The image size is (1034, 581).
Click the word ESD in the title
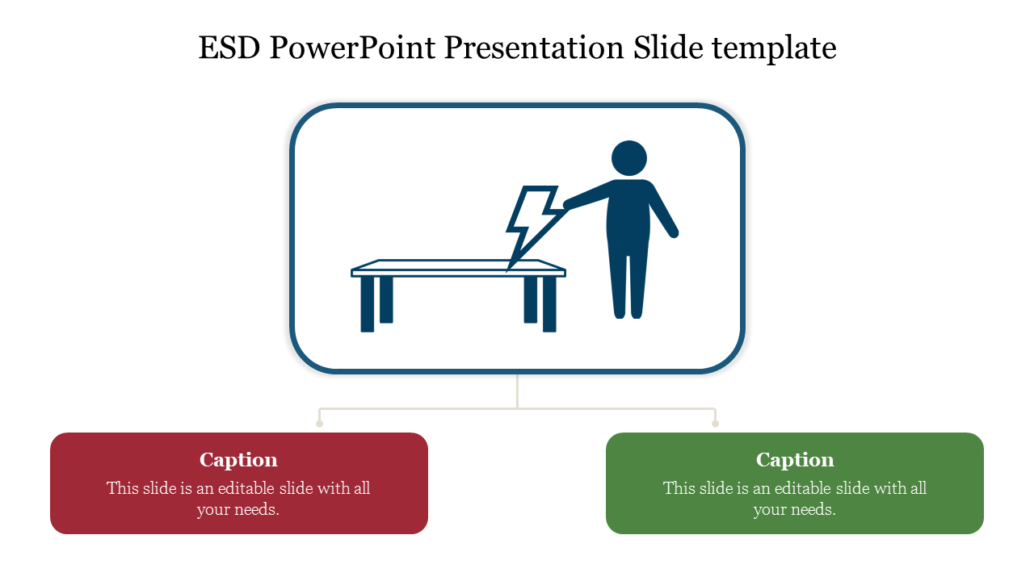(229, 48)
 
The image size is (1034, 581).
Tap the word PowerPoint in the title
(353, 48)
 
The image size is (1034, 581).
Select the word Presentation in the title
(535, 48)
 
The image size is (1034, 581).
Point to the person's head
(629, 158)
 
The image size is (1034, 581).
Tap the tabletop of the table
(458, 268)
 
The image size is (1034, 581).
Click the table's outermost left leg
(368, 304)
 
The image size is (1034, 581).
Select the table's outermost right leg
(549, 304)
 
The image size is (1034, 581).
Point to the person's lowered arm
(663, 211)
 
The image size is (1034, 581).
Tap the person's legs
(628, 282)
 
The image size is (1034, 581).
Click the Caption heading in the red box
(238, 460)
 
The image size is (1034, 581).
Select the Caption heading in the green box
(795, 460)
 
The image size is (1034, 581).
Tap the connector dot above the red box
(319, 424)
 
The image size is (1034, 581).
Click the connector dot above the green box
(715, 424)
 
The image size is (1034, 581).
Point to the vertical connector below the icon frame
(518, 391)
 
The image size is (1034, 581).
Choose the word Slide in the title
(668, 48)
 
